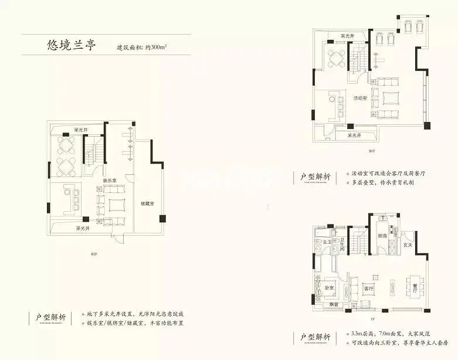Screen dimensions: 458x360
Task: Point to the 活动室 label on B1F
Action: [360, 98]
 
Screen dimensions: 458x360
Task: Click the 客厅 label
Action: [369, 288]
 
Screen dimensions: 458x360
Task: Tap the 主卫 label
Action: [326, 241]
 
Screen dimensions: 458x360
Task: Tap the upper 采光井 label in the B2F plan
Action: [80, 129]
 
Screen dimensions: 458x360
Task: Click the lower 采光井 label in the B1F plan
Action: [354, 135]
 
